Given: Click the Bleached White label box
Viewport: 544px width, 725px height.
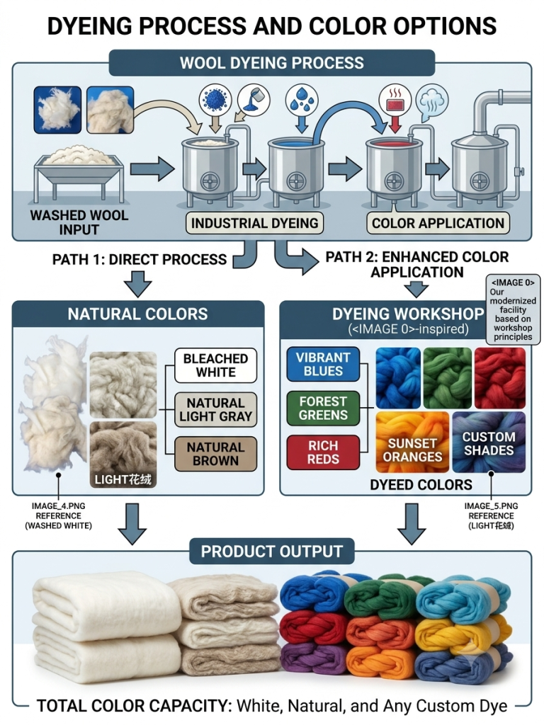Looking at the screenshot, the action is pyautogui.click(x=215, y=365).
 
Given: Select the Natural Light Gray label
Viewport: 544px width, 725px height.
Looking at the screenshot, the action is pyautogui.click(x=215, y=410).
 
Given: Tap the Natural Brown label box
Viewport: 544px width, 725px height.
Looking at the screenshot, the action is pyautogui.click(x=215, y=454).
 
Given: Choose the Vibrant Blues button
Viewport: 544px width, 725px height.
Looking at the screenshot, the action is pyautogui.click(x=323, y=365).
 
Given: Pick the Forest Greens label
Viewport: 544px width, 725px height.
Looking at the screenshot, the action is pyautogui.click(x=323, y=409).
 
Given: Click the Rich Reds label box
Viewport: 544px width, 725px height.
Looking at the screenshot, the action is pyautogui.click(x=323, y=452).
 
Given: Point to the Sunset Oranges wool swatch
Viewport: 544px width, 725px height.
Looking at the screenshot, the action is pyautogui.click(x=412, y=443).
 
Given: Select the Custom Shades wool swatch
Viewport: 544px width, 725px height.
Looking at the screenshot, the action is pyautogui.click(x=489, y=443).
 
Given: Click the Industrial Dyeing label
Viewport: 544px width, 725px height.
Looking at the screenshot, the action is pyautogui.click(x=255, y=223).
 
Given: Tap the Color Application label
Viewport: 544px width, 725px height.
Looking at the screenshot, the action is pyautogui.click(x=438, y=223).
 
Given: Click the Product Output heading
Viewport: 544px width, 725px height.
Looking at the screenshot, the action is pyautogui.click(x=272, y=551).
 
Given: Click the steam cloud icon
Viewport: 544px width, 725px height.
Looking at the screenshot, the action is pyautogui.click(x=432, y=101).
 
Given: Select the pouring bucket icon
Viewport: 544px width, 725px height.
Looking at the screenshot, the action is pyautogui.click(x=254, y=99).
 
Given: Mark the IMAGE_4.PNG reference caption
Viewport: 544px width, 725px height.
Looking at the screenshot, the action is pyautogui.click(x=58, y=515).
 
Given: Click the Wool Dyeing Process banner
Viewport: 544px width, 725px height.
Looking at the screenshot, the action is pyautogui.click(x=272, y=63).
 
